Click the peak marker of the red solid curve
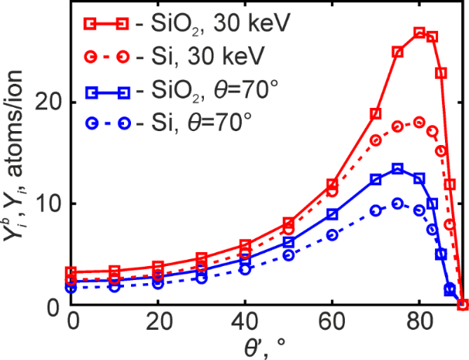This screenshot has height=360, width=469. (x=419, y=33)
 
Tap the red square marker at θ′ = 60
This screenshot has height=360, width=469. (x=332, y=185)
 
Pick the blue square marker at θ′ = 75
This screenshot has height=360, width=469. (x=398, y=168)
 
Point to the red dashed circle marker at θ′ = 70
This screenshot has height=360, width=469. (x=376, y=140)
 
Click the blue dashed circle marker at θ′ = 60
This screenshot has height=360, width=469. (x=332, y=234)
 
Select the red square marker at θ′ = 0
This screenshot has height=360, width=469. (x=71, y=272)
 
